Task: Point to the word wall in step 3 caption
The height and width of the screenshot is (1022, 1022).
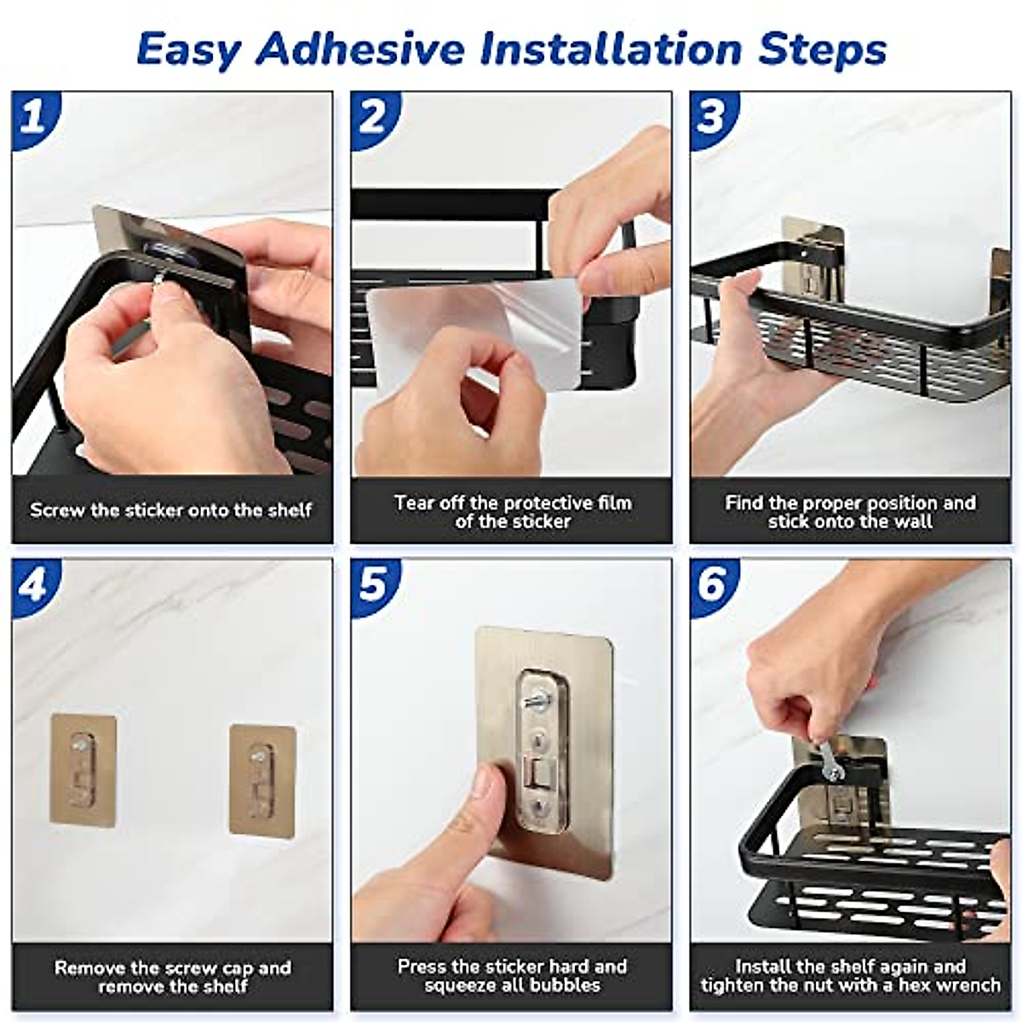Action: pos(913,521)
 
